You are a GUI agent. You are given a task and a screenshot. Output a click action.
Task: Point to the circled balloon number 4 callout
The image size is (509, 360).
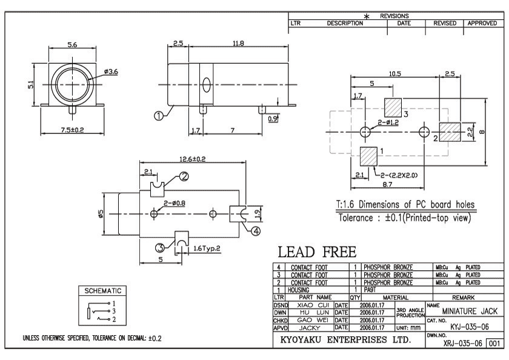(256, 230)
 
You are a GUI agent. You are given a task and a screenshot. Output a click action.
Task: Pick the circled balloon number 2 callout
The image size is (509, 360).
(184, 176)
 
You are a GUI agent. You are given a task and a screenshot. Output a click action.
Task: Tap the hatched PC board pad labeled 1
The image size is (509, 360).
(368, 156)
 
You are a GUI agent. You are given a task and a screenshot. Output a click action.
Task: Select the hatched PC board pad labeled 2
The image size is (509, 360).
(449, 132)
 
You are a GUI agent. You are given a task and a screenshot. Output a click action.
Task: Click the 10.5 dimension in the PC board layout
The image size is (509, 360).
(395, 74)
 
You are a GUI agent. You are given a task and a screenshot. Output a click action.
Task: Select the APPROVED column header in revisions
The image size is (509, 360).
(483, 23)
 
